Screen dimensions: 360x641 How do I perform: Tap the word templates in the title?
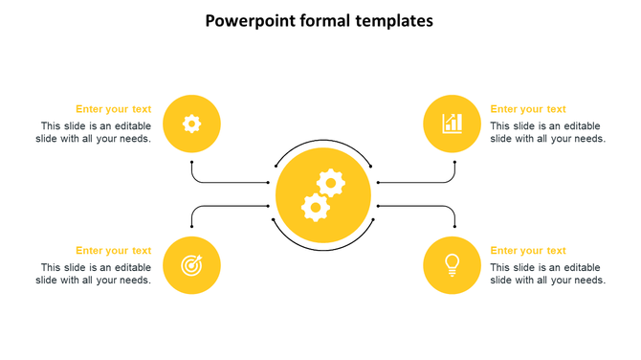pos(388,20)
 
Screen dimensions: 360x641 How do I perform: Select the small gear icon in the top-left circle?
pos(192,124)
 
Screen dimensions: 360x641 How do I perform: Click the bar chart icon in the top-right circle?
pos(453,124)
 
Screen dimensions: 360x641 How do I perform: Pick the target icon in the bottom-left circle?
pos(192,265)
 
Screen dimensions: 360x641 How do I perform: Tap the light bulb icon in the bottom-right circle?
pos(453,264)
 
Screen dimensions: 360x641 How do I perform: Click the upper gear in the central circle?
pos(330,182)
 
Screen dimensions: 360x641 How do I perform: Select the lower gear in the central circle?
pos(315,206)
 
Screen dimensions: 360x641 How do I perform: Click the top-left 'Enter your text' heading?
pos(113,109)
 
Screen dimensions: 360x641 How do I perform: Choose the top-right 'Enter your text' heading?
pos(528,109)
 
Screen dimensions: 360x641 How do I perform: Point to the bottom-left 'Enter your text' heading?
pos(113,251)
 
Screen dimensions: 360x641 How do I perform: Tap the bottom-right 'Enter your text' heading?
pos(528,251)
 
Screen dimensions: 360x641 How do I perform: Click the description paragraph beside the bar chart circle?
pos(547,132)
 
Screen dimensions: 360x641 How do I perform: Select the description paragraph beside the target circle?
pos(95,274)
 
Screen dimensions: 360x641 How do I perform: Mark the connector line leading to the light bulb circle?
pos(421,206)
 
